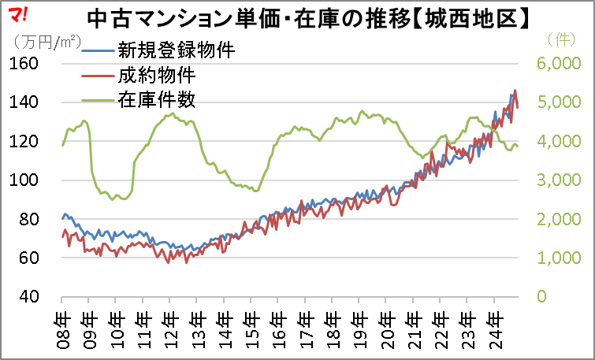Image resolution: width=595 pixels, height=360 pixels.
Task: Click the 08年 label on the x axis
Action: [62, 324]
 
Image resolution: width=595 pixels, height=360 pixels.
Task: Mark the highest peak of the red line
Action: [515, 91]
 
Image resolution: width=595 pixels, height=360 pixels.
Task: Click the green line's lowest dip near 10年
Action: [112, 199]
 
